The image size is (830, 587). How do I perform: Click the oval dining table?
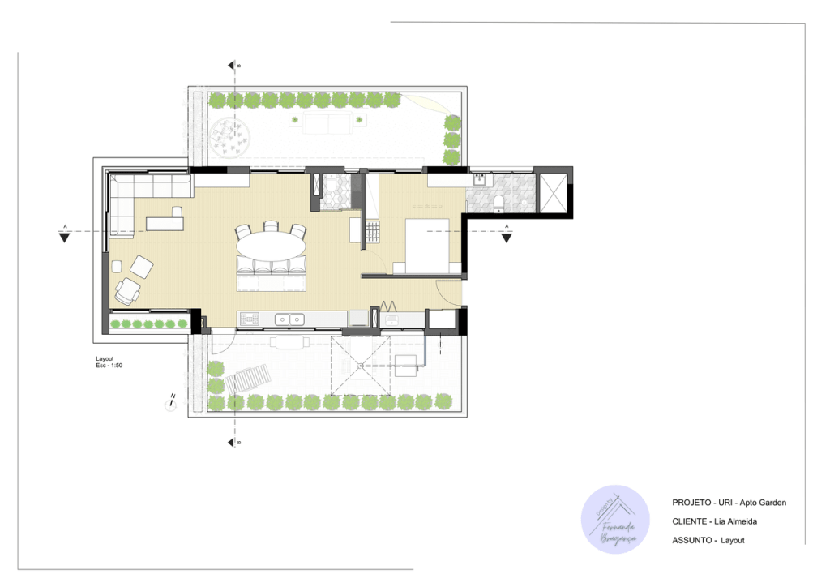coord(272,242)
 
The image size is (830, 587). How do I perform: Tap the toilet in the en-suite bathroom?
coord(499,200)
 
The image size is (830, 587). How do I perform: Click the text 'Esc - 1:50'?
coord(109,366)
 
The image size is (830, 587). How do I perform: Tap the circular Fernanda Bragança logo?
coord(615,520)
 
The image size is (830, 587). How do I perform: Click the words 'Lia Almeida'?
coord(738,521)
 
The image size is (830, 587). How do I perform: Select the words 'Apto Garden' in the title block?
coord(762,503)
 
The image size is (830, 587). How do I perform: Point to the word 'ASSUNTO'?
coord(692,540)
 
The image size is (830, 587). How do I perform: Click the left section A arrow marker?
coord(64,236)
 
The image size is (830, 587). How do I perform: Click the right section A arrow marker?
coord(507,237)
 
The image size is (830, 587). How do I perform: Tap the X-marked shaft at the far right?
coord(554,191)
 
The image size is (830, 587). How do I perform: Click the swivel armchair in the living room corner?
coord(128,291)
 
